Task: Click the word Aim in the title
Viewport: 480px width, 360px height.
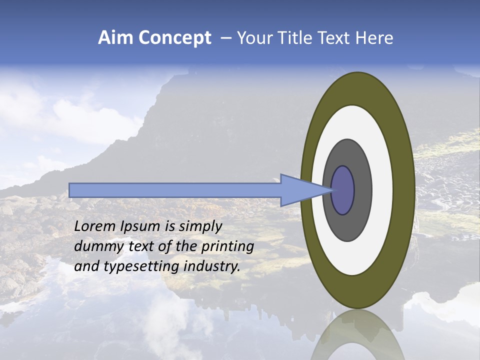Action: pos(116,38)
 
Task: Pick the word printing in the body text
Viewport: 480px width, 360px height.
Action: pos(227,247)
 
